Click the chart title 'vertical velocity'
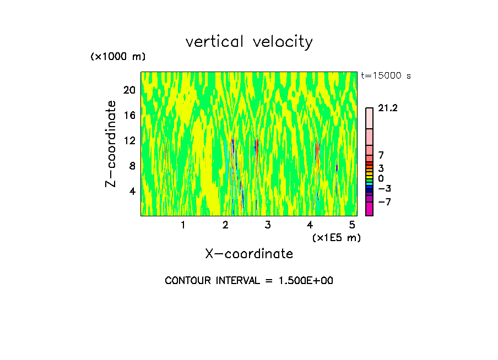249,42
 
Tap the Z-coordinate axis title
111,144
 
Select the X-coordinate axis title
249,254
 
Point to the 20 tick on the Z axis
129,90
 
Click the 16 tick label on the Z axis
129,115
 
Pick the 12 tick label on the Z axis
129,140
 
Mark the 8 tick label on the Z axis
132,166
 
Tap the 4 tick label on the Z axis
132,191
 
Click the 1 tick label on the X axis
183,225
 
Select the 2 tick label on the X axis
225,225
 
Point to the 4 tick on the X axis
310,225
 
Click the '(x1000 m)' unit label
118,57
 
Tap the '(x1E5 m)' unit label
337,237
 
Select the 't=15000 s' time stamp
386,76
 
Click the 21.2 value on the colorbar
388,108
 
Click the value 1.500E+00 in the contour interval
305,281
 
